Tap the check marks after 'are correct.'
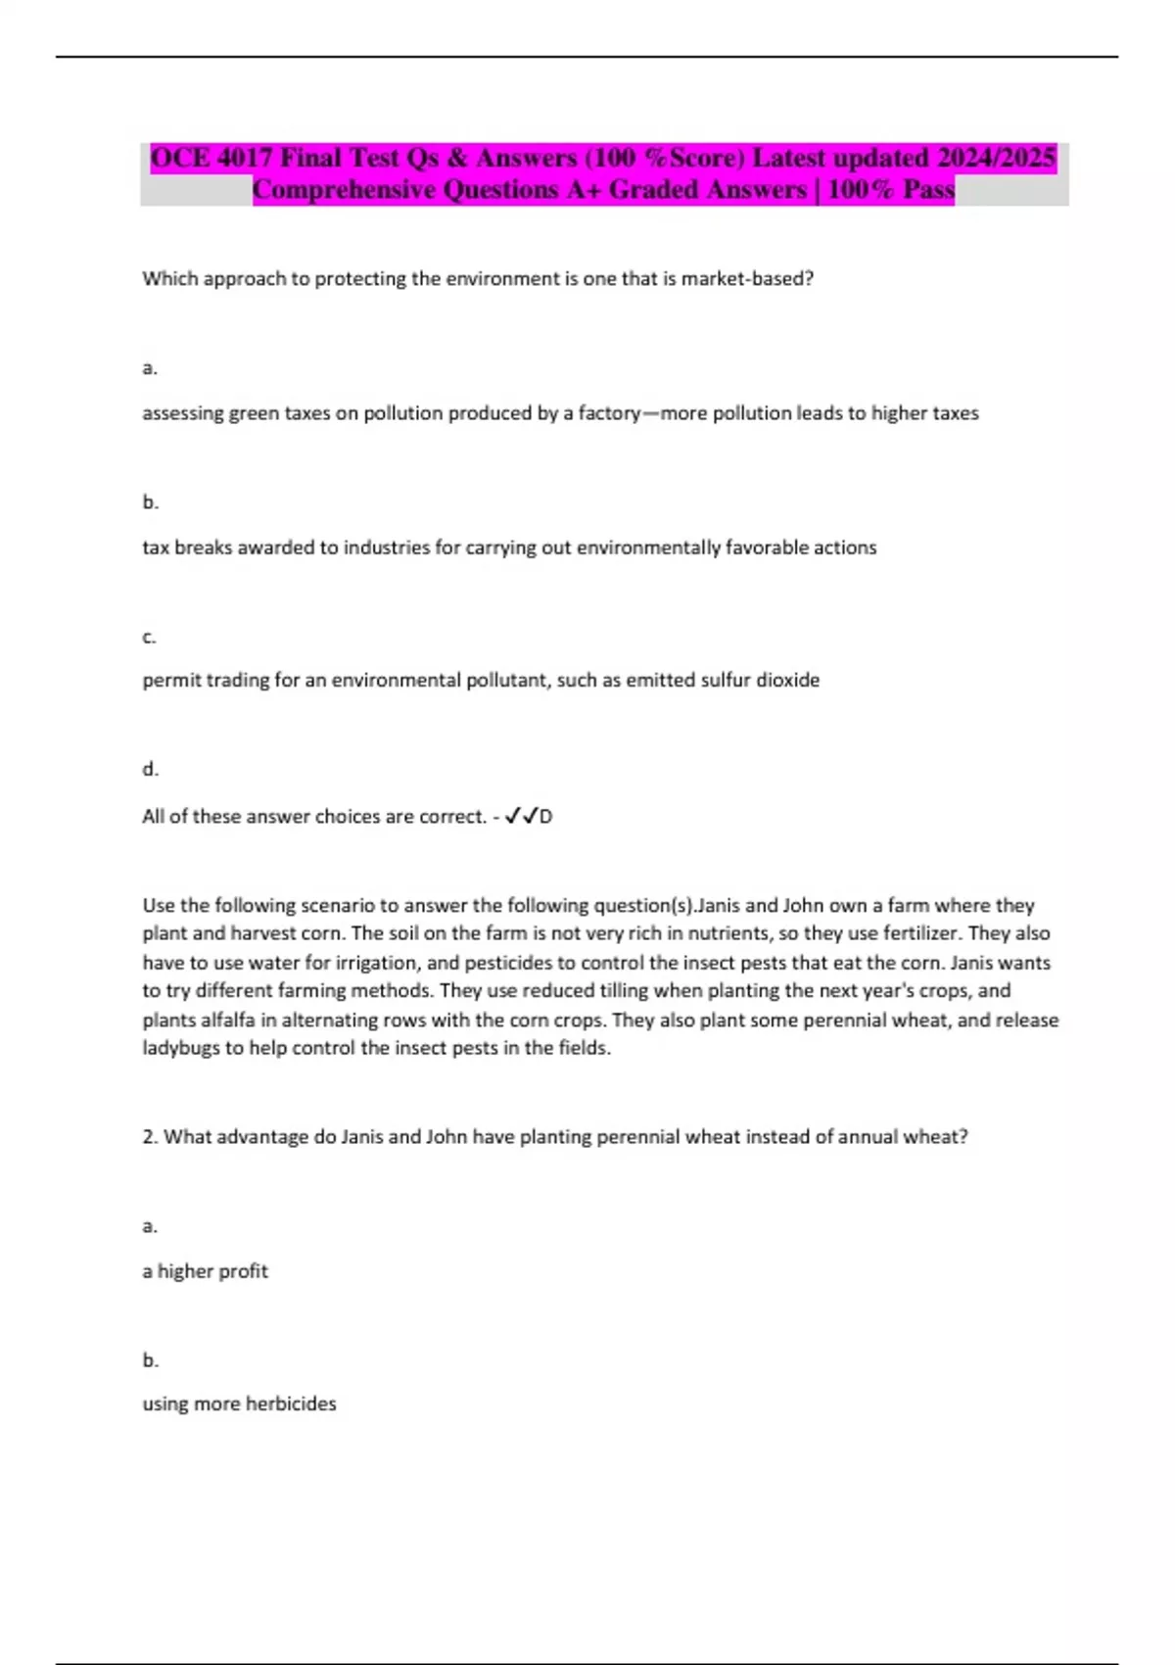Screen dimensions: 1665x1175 520,816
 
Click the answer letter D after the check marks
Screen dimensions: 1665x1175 546,816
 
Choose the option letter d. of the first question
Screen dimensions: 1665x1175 150,770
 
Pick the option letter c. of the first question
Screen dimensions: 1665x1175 149,638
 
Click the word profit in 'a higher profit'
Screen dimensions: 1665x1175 242,1271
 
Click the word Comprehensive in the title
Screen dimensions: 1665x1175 344,189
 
